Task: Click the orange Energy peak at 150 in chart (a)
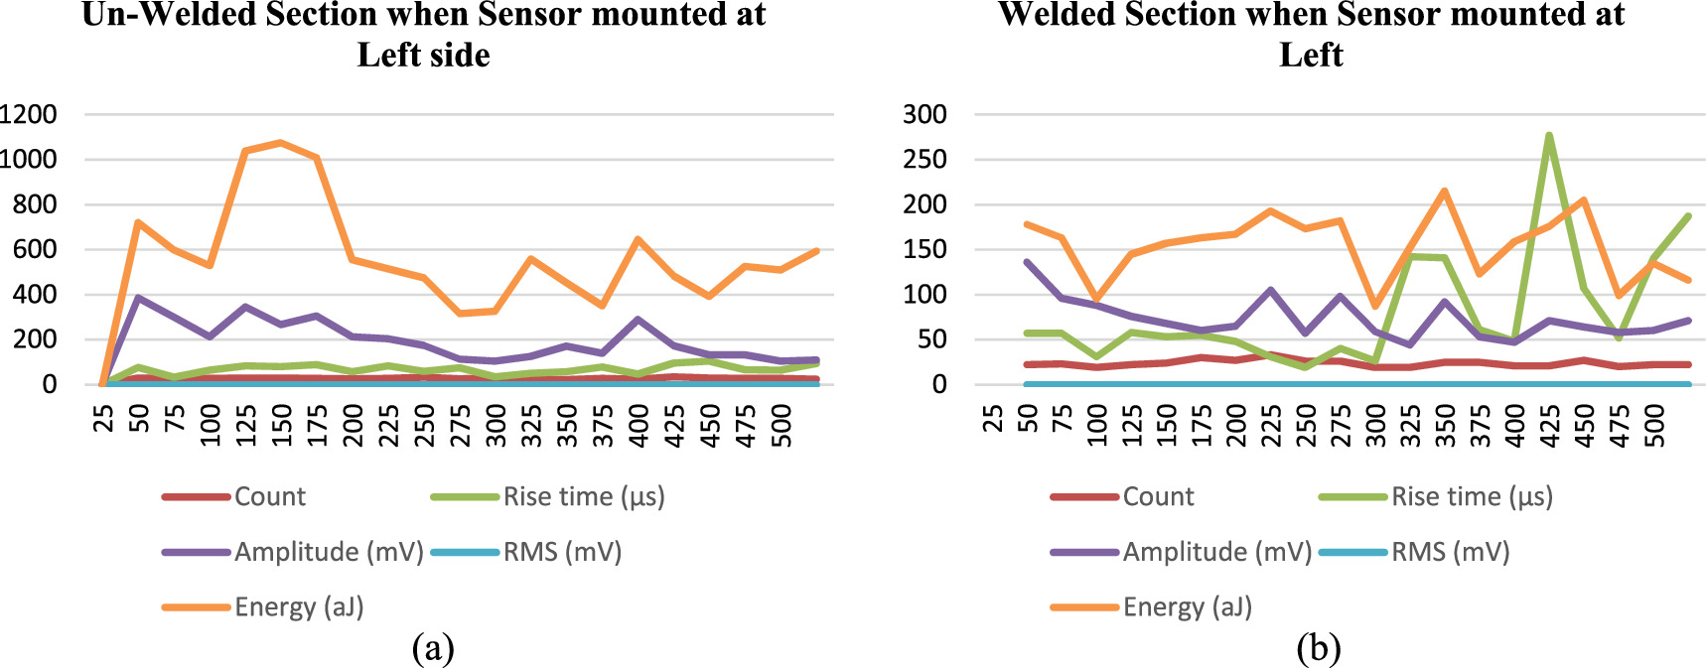pos(281,142)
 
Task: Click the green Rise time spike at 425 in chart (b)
pos(1549,136)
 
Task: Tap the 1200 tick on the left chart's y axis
pos(28,114)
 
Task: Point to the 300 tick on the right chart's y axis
pos(924,114)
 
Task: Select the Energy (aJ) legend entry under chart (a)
pos(298,606)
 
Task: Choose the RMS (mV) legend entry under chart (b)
pos(1449,552)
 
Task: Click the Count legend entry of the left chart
pos(269,496)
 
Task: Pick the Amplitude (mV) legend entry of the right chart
pos(1216,552)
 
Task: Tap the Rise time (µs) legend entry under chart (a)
pos(583,496)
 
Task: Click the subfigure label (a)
pos(433,648)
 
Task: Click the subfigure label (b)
pos(1319,648)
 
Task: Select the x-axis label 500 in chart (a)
pos(782,425)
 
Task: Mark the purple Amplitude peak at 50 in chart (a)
pos(139,297)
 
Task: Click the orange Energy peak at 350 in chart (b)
pos(1445,191)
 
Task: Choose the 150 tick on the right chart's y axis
pos(924,249)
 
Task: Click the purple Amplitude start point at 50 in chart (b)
pos(1027,262)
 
